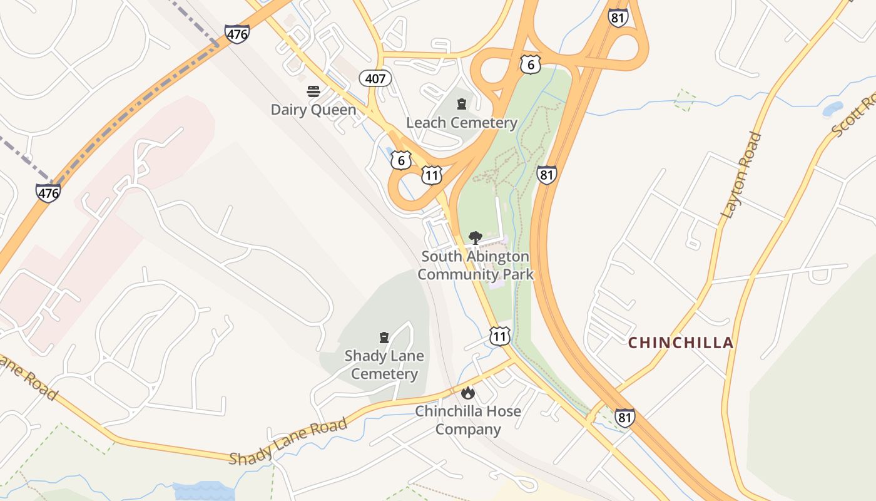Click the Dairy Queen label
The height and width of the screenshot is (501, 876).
[x=313, y=110]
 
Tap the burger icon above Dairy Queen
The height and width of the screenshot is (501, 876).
[x=313, y=92]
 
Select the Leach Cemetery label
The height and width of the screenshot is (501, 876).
[x=462, y=123]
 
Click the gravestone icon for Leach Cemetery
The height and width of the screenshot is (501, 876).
[x=462, y=104]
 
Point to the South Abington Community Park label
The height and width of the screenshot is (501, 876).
[x=476, y=265]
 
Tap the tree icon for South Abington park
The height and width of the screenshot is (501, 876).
[x=476, y=238]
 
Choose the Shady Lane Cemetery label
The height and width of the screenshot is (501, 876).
[x=384, y=364]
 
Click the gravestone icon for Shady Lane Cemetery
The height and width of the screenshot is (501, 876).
[x=384, y=338]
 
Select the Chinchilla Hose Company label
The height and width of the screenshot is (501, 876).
[x=468, y=420]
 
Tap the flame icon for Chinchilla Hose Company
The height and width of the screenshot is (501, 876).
[x=467, y=393]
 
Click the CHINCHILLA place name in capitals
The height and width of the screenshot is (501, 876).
[x=681, y=343]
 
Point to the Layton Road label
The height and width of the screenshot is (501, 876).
[x=742, y=175]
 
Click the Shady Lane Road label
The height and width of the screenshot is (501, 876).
[x=288, y=442]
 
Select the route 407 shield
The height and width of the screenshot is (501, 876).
[x=375, y=78]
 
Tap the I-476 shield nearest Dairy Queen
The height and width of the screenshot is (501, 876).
[x=237, y=34]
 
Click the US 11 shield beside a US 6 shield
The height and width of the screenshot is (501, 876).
[x=431, y=175]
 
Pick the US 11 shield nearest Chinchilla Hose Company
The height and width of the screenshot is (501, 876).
[x=500, y=336]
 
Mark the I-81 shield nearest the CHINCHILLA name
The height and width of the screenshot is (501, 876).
[x=624, y=418]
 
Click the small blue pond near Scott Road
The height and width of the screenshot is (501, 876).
[x=832, y=110]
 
